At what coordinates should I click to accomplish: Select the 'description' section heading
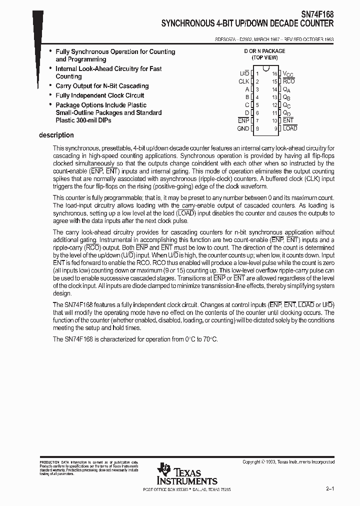(x=56, y=135)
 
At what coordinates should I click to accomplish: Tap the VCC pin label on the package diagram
(x=288, y=73)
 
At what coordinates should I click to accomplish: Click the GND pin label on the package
(x=243, y=128)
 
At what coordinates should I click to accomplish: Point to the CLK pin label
(x=243, y=81)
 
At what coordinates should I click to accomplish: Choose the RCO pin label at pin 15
(x=288, y=81)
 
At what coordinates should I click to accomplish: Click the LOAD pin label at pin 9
(x=290, y=128)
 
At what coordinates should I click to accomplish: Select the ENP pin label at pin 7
(x=243, y=120)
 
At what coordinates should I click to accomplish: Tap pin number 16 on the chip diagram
(x=274, y=73)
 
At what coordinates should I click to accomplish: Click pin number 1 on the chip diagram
(x=257, y=73)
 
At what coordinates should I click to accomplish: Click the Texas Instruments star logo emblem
(x=164, y=471)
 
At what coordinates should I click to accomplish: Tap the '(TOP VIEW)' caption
(x=264, y=57)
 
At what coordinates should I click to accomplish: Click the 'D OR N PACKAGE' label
(x=264, y=51)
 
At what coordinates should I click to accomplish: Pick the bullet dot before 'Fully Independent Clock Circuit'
(x=50, y=94)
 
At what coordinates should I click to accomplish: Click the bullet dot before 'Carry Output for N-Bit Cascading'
(x=50, y=85)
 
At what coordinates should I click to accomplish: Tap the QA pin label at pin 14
(x=287, y=89)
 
